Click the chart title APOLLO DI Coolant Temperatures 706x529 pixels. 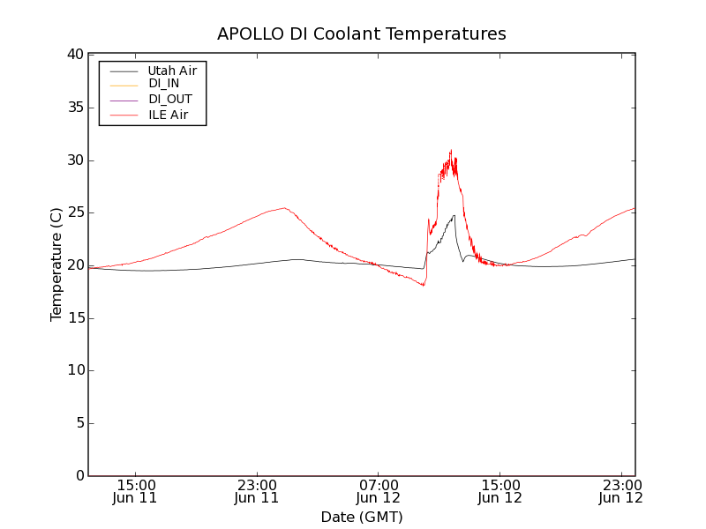362,34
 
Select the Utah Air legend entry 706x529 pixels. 172,70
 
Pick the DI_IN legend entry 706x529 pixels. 163,84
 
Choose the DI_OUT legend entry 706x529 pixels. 169,100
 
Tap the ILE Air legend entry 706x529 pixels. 168,115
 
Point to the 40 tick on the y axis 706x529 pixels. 75,55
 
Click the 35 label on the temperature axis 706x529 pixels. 75,108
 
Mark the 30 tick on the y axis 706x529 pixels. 75,160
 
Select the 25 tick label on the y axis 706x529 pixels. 75,212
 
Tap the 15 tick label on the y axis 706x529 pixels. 75,318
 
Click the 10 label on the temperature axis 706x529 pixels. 75,370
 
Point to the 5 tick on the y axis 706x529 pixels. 79,423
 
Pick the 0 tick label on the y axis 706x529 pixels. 79,476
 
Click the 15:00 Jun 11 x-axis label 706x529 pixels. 136,491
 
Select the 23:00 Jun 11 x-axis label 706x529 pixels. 257,491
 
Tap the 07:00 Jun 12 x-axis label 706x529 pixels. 379,491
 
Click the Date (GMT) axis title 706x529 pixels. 362,517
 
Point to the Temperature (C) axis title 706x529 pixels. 56,264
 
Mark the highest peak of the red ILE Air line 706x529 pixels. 450,151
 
